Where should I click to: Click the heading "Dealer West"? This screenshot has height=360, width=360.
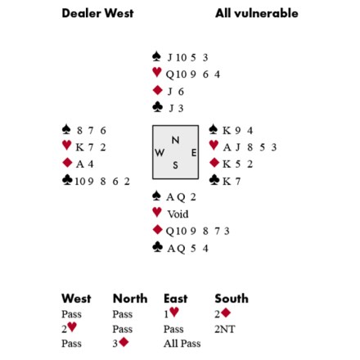[x=97, y=13]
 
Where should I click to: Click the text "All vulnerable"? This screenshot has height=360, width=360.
[x=257, y=13]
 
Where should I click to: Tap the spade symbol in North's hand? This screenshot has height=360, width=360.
[x=156, y=56]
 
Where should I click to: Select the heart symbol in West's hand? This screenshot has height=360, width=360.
[x=67, y=145]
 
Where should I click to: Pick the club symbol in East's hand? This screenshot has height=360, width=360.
[x=214, y=179]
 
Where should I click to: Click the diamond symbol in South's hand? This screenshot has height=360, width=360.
[x=157, y=230]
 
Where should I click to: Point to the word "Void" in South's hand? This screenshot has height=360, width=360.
[x=178, y=214]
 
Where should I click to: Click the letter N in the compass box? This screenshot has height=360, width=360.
[x=175, y=140]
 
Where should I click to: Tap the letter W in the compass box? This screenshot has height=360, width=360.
[x=160, y=152]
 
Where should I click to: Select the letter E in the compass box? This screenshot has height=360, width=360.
[x=194, y=153]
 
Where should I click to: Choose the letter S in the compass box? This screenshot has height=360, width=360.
[x=175, y=165]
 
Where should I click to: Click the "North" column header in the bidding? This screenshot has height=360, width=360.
[x=130, y=299]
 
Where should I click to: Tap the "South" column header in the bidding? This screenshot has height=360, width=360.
[x=232, y=299]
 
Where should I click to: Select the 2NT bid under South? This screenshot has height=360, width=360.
[x=224, y=329]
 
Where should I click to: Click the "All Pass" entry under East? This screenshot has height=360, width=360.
[x=182, y=344]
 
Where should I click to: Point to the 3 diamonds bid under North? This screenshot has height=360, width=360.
[x=120, y=343]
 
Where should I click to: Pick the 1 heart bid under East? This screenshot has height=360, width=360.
[x=171, y=313]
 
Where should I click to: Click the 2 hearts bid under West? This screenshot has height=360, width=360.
[x=69, y=328]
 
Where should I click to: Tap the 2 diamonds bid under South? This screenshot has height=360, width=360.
[x=223, y=313]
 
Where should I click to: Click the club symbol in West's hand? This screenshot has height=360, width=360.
[x=67, y=180]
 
